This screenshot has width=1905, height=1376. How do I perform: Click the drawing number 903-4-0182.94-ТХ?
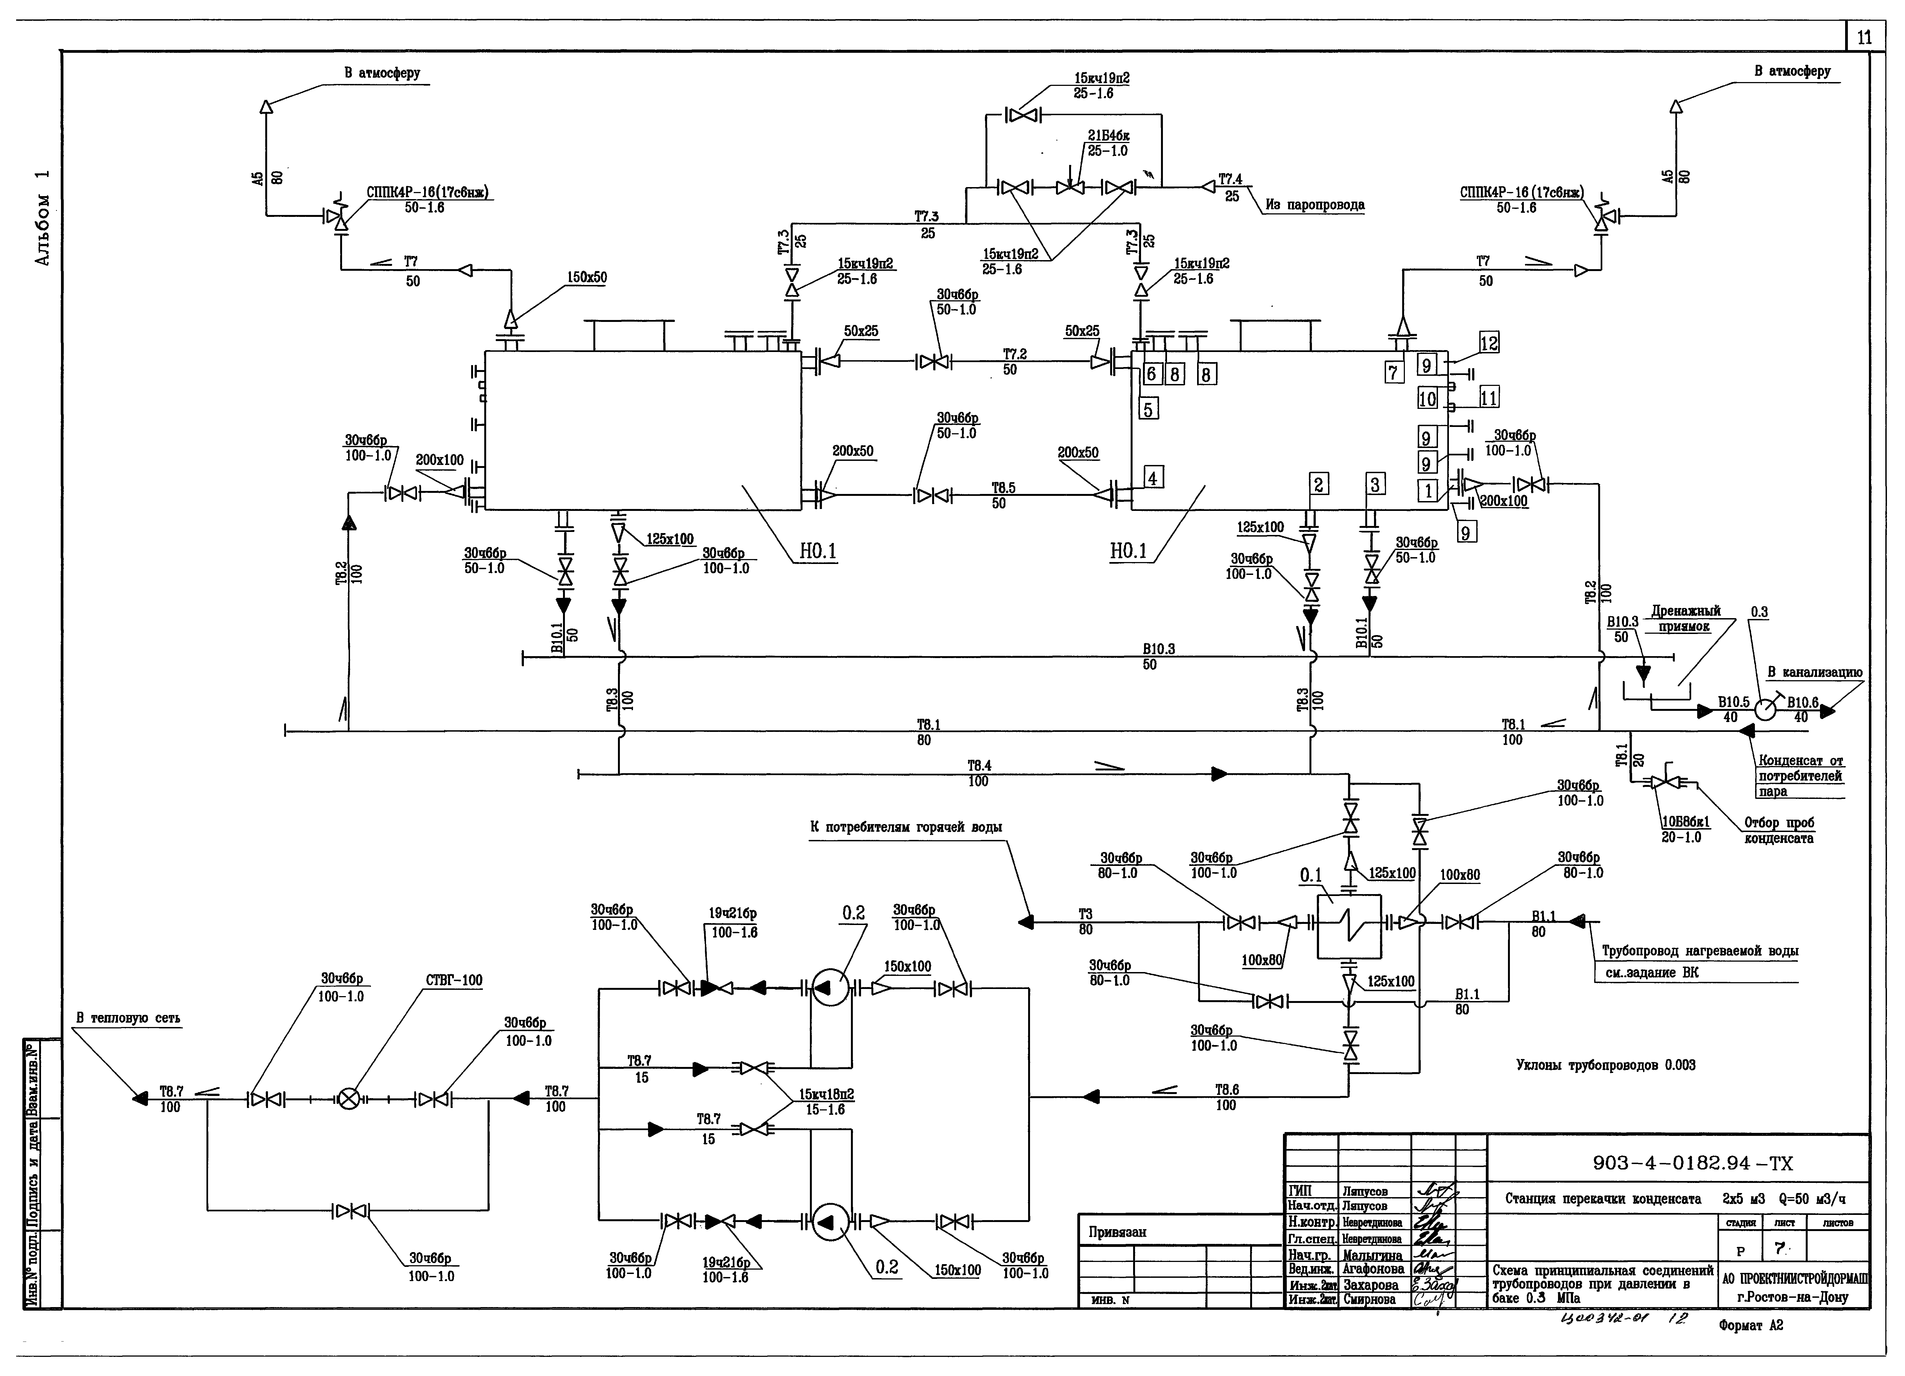[x=1693, y=1163]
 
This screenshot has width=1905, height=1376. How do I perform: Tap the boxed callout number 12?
[x=1488, y=343]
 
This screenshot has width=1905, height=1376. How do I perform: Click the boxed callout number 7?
[x=1393, y=371]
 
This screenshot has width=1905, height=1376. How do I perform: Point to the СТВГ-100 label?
[x=454, y=980]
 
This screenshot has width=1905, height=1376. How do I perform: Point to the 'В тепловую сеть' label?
[x=128, y=1018]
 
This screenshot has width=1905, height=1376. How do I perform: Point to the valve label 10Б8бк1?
[x=1685, y=822]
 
